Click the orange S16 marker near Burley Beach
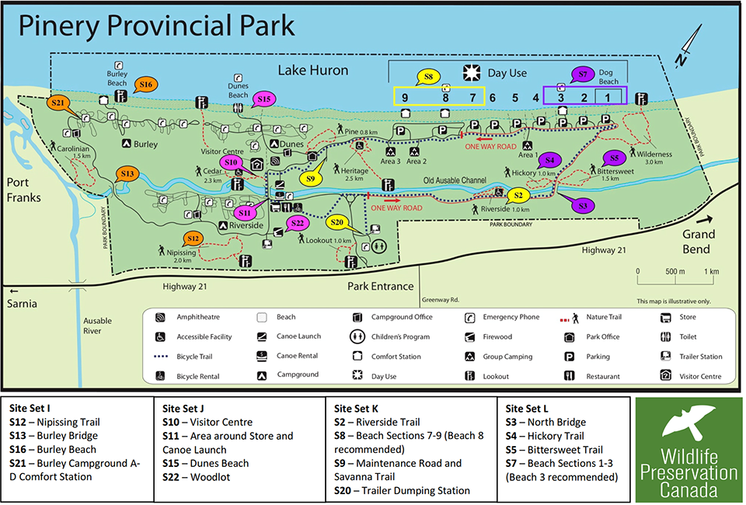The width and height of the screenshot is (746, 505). [146, 85]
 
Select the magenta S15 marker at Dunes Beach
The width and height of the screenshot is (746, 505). [264, 99]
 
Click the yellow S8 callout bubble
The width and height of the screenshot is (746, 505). [428, 77]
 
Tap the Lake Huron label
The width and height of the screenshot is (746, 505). [313, 71]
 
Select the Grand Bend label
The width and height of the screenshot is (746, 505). [696, 242]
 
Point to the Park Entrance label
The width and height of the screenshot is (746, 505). [381, 286]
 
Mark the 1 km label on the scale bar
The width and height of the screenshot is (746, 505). [710, 272]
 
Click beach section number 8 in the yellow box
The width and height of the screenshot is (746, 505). [446, 98]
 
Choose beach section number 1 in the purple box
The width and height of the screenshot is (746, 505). [608, 97]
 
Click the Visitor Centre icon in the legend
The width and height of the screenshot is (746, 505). [665, 376]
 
